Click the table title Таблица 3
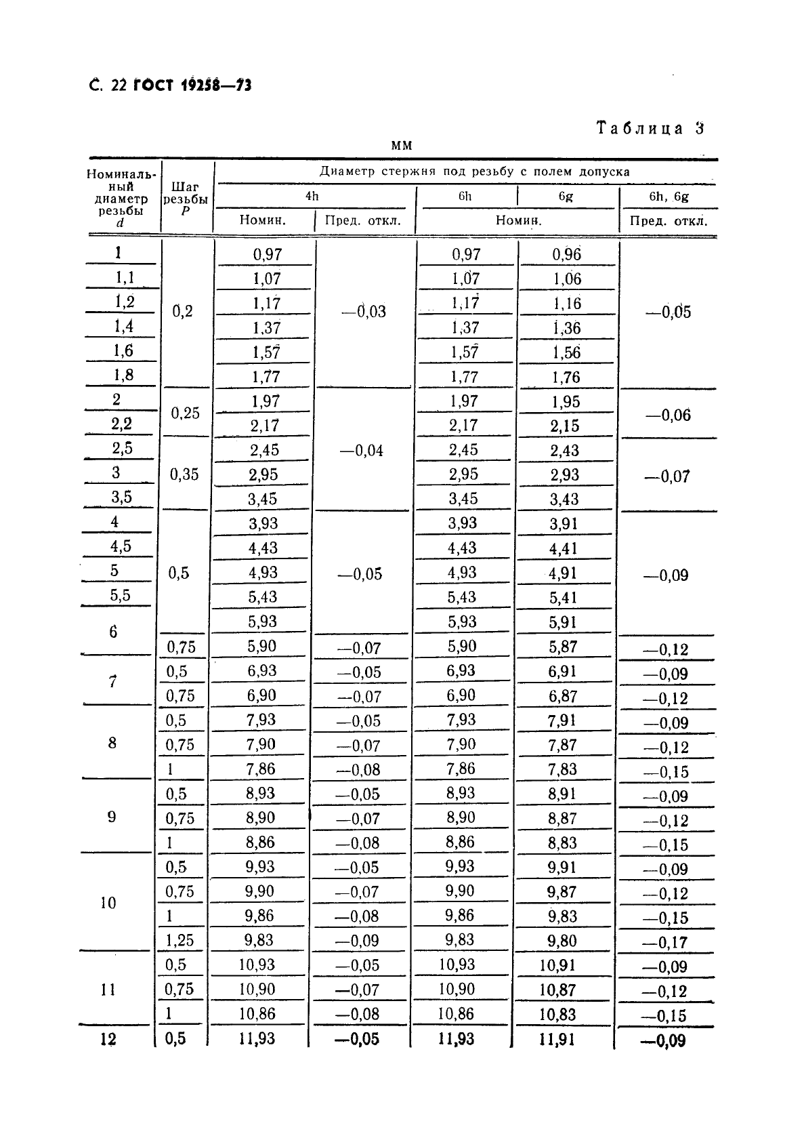coord(650,128)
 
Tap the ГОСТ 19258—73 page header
coord(192,85)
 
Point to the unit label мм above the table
coord(401,146)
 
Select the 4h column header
coord(312,197)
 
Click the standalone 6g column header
coord(566,197)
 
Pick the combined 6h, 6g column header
coord(669,197)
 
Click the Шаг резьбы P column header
coord(186,198)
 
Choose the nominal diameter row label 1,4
coord(124,327)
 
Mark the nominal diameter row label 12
coord(108,1039)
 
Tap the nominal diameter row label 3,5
coord(122,497)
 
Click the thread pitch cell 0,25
coord(185,413)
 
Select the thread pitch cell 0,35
coord(184,474)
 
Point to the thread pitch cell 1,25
coord(179,940)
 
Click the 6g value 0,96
coord(566,255)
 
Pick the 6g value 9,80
coord(562,941)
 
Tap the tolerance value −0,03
coord(364,312)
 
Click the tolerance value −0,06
coord(668,415)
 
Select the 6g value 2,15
coord(565,426)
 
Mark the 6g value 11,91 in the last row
coord(557,1039)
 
